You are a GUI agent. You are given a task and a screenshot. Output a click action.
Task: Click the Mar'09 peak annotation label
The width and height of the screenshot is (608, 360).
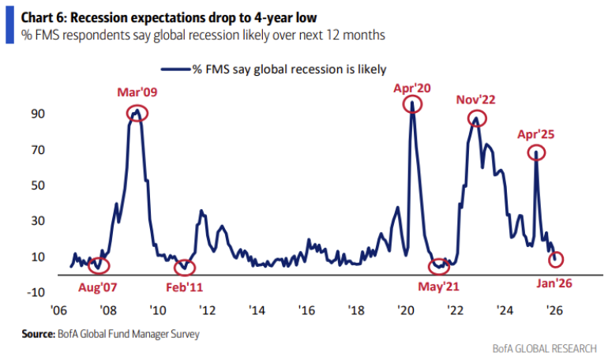coord(137,92)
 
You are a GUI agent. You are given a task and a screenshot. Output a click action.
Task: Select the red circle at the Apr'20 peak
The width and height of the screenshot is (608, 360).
coord(411,105)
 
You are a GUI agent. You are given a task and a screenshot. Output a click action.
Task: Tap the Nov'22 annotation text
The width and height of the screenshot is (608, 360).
coord(476,99)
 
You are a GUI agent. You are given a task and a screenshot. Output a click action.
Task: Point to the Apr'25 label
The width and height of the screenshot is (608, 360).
coord(536,134)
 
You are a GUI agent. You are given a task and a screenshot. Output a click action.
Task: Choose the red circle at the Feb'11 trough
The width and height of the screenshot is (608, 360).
coord(185,268)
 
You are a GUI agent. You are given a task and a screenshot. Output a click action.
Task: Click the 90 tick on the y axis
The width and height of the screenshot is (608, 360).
coord(38,114)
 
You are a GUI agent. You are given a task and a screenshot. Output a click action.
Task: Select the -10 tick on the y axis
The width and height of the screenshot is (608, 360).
coord(36,293)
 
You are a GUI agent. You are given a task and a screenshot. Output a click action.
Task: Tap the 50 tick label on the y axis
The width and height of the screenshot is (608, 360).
coord(38,186)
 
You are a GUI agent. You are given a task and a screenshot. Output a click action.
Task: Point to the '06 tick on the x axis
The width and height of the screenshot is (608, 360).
coord(58,309)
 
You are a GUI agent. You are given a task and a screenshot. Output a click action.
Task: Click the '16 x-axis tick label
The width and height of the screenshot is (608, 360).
coord(307,309)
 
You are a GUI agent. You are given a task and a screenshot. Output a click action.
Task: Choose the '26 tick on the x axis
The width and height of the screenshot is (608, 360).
coord(554,309)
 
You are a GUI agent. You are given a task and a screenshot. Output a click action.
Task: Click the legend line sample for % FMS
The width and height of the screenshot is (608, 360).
coord(175,69)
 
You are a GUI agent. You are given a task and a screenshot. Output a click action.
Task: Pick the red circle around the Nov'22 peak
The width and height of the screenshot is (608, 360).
coord(477,118)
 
